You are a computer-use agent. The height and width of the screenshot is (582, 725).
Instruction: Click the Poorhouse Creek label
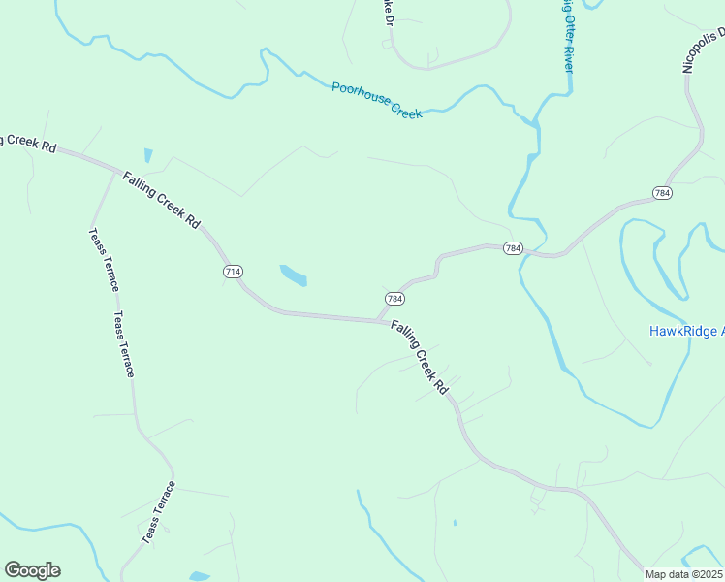[x=377, y=100]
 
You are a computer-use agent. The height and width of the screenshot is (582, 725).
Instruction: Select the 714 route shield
[x=233, y=272]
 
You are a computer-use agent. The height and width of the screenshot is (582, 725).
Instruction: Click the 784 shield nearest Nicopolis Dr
[x=662, y=192]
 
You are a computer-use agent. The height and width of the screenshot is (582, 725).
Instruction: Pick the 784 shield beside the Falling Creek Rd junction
[x=394, y=299]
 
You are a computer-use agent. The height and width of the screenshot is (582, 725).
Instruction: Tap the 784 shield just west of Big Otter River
[x=514, y=249]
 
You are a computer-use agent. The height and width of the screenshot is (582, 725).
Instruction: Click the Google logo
[x=32, y=570]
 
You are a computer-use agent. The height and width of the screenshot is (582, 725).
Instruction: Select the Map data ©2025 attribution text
[x=684, y=574]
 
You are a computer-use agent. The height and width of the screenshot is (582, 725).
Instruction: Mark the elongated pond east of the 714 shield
[x=293, y=275]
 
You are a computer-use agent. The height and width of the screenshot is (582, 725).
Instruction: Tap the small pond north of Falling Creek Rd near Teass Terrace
[x=147, y=155]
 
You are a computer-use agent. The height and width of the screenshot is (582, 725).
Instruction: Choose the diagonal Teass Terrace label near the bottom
[x=158, y=512]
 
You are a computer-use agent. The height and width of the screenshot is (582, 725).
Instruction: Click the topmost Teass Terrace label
[x=104, y=259]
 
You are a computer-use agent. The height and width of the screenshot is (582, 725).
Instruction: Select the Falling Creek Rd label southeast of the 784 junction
[x=421, y=357]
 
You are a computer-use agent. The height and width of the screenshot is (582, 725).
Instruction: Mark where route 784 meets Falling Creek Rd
[x=379, y=320]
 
